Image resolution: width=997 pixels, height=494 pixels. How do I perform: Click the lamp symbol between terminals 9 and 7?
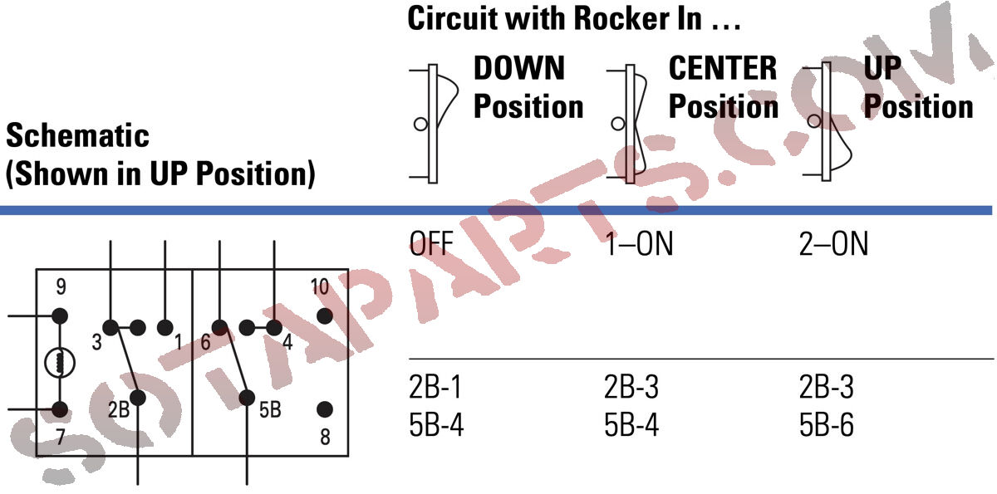click(x=60, y=362)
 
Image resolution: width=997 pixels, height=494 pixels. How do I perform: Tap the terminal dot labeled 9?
click(x=60, y=316)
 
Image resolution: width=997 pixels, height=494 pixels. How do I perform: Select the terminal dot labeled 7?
click(x=60, y=409)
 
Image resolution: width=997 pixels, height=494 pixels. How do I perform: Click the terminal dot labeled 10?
click(x=325, y=316)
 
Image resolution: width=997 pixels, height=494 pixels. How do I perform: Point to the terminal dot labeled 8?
click(x=325, y=409)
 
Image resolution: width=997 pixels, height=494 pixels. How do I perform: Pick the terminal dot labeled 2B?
click(x=138, y=398)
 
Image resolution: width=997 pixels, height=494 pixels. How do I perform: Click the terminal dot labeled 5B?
click(x=247, y=398)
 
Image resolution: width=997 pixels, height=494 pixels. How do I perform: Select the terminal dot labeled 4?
click(x=273, y=327)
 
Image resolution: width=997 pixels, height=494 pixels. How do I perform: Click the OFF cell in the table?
click(x=431, y=246)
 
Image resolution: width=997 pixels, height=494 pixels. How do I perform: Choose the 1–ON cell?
click(x=638, y=246)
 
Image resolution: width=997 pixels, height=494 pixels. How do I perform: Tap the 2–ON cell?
click(x=832, y=246)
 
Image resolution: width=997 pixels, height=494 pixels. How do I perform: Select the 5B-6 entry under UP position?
click(x=826, y=425)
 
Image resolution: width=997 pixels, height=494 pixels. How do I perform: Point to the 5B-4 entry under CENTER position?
click(x=631, y=425)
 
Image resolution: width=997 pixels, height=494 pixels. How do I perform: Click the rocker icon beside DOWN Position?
click(x=433, y=123)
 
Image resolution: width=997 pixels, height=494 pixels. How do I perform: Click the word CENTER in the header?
click(x=723, y=68)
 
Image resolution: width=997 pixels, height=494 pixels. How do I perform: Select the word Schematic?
click(x=78, y=135)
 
